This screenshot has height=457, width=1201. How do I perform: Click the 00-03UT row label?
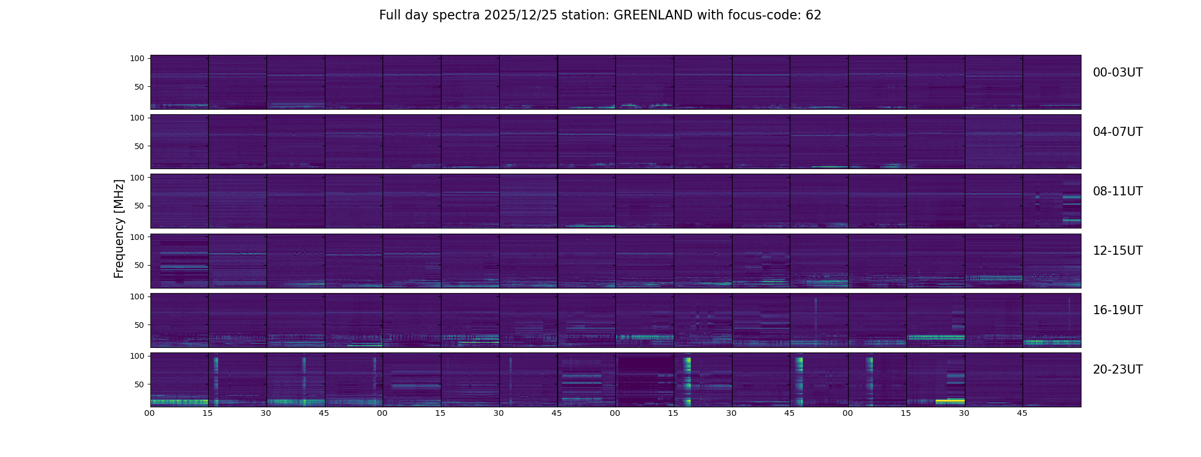click(x=1118, y=73)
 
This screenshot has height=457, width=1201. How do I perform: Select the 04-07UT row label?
click(x=1118, y=132)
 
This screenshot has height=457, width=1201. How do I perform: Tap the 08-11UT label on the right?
click(x=1118, y=191)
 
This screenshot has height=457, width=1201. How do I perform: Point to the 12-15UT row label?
click(x=1118, y=251)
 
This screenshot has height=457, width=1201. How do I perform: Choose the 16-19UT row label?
click(x=1118, y=310)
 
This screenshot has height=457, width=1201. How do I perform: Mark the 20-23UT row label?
click(x=1118, y=370)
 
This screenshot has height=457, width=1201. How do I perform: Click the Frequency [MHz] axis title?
click(x=119, y=228)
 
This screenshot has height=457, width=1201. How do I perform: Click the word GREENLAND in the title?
click(x=653, y=15)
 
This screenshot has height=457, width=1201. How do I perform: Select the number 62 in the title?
click(x=813, y=15)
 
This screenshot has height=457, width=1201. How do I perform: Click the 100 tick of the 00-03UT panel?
click(x=137, y=58)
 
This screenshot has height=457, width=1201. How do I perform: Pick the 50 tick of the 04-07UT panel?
click(x=140, y=146)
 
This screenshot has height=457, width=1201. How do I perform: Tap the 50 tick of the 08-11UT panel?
click(x=140, y=206)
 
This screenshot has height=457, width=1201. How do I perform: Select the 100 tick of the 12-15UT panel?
click(x=137, y=236)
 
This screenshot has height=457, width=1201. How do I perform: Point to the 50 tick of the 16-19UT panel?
click(x=140, y=324)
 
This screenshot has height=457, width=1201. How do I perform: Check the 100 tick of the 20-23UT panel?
click(x=137, y=356)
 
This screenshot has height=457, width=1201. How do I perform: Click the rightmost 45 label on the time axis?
click(x=1022, y=413)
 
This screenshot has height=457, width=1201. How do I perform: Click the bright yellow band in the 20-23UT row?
click(x=950, y=401)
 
